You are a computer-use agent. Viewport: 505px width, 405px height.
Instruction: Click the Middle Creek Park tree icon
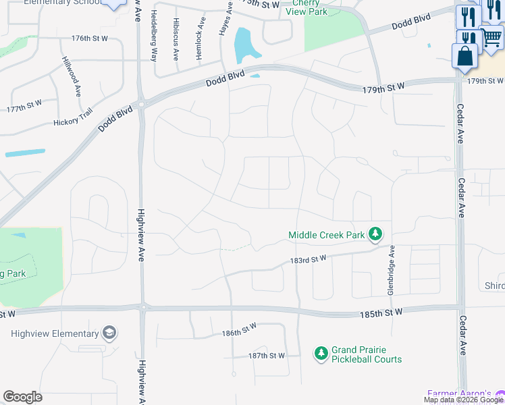(375, 235)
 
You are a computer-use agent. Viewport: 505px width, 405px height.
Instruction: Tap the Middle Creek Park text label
(326, 236)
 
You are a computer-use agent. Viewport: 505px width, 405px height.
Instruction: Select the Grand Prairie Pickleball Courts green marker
(321, 352)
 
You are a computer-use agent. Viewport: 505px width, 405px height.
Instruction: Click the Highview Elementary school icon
(109, 333)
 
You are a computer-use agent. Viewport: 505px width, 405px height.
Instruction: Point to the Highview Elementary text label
(55, 334)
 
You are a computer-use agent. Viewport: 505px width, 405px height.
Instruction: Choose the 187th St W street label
(267, 355)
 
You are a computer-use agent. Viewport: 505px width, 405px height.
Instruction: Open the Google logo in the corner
(22, 397)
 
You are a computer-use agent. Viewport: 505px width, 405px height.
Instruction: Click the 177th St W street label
(24, 109)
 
